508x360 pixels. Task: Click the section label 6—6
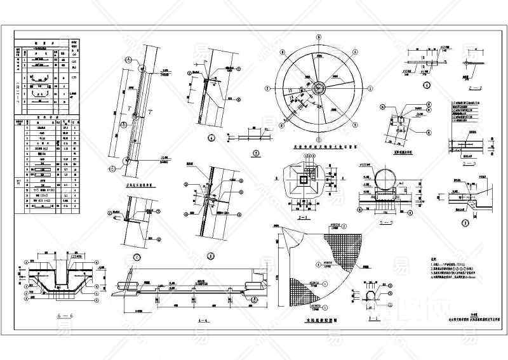coord(57,314)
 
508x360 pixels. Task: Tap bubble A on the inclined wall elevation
coord(128,60)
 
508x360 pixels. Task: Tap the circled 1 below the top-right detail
coord(426,85)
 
